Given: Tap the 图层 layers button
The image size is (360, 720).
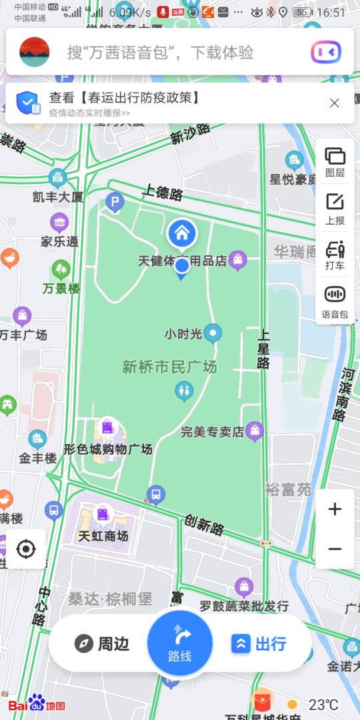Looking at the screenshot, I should pyautogui.click(x=335, y=162).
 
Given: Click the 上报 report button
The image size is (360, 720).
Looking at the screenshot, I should pyautogui.click(x=335, y=208).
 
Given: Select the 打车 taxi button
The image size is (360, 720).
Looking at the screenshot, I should pyautogui.click(x=335, y=255).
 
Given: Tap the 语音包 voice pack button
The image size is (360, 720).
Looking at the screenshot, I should pyautogui.click(x=335, y=301).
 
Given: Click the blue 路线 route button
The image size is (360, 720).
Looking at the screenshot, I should pyautogui.click(x=180, y=643).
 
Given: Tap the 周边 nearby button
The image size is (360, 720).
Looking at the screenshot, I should pyautogui.click(x=102, y=643).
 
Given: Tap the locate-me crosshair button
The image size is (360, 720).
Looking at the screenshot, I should pyautogui.click(x=26, y=549).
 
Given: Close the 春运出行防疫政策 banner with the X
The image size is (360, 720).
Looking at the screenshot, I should pyautogui.click(x=335, y=103).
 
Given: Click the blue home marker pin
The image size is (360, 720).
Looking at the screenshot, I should pyautogui.click(x=181, y=234).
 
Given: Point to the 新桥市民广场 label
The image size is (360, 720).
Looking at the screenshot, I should pyautogui.click(x=169, y=367).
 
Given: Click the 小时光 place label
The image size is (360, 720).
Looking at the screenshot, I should pyautogui.click(x=183, y=333).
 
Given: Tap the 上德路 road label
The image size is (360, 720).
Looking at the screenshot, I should pyautogui.click(x=162, y=193).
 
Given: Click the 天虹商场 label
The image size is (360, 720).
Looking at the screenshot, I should pyautogui.click(x=103, y=536).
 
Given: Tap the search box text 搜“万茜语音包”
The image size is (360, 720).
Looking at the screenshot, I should pyautogui.click(x=160, y=52).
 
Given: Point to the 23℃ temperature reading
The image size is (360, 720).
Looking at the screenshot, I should pyautogui.click(x=323, y=704).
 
